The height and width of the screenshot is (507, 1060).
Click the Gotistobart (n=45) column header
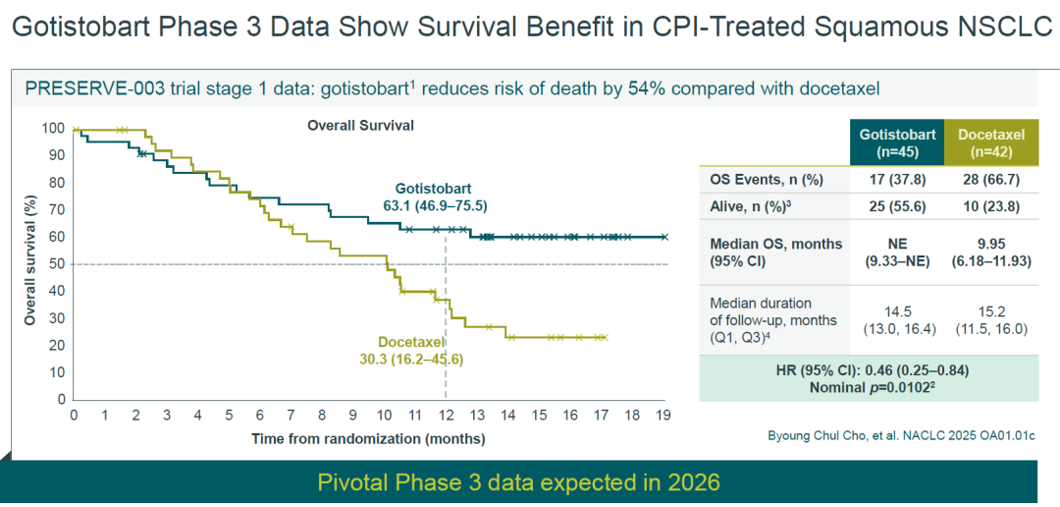click(897, 142)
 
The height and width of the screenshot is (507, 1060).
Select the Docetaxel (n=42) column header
click(991, 142)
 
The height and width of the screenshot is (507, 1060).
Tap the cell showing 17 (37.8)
click(897, 180)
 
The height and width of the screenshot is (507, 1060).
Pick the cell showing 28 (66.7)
click(991, 180)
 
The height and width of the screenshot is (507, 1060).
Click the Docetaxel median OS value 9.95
click(991, 245)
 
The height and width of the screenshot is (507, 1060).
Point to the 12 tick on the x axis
click(445, 415)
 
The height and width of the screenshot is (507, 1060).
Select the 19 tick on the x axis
click(663, 415)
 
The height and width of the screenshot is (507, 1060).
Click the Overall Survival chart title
click(360, 125)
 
